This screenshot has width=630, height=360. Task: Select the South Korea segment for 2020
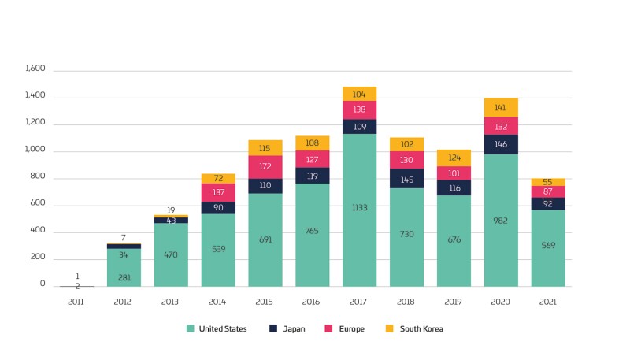(501, 108)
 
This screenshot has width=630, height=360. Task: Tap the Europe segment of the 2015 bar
(265, 167)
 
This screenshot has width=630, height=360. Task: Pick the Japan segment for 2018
(406, 179)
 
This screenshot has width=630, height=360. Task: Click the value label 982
(501, 221)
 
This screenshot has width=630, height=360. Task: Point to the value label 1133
(359, 207)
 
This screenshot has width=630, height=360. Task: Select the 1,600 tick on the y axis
(36, 69)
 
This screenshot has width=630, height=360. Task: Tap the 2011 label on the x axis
(76, 301)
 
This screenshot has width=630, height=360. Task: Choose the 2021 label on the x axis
(548, 301)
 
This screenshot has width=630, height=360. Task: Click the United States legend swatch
(191, 328)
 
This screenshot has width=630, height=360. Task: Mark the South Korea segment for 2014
(218, 179)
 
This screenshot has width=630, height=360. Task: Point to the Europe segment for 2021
(548, 191)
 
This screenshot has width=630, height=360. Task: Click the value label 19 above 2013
(171, 210)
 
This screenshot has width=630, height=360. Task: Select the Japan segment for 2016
(313, 176)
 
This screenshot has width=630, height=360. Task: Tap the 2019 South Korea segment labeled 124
(454, 158)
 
